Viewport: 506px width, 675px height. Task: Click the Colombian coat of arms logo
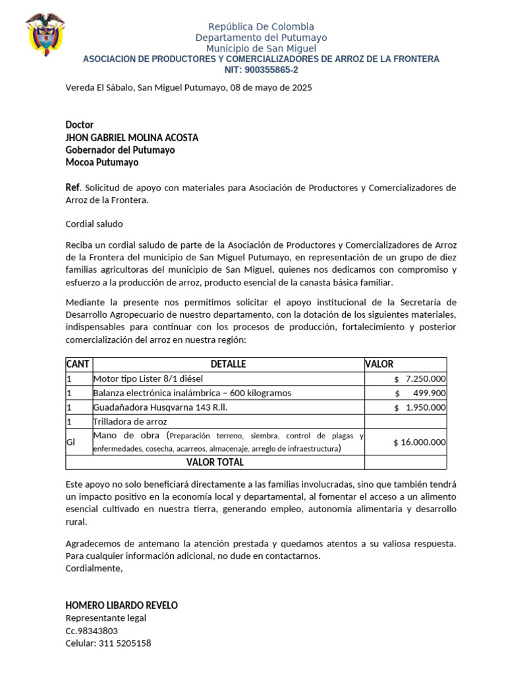[x=45, y=34]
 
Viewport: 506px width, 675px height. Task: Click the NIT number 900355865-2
[x=261, y=70]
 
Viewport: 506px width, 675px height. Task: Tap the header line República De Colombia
[x=261, y=26]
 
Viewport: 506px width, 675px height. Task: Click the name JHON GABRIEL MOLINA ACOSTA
[x=132, y=137]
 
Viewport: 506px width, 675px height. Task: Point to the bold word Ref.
[x=72, y=188]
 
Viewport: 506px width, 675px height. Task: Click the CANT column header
[x=78, y=364]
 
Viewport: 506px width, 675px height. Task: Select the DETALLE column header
[x=228, y=364]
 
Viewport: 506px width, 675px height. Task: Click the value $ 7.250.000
[x=420, y=379]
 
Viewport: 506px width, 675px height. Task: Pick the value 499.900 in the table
[x=429, y=394]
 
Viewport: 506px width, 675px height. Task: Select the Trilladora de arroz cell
[x=130, y=421]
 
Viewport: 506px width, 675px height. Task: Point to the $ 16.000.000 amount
[x=419, y=442]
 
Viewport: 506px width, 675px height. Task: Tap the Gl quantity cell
[x=71, y=442]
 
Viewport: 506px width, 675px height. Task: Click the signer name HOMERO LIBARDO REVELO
[x=122, y=605]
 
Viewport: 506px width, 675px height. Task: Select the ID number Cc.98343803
[x=92, y=631]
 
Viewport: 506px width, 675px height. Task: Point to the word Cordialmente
[x=94, y=569]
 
